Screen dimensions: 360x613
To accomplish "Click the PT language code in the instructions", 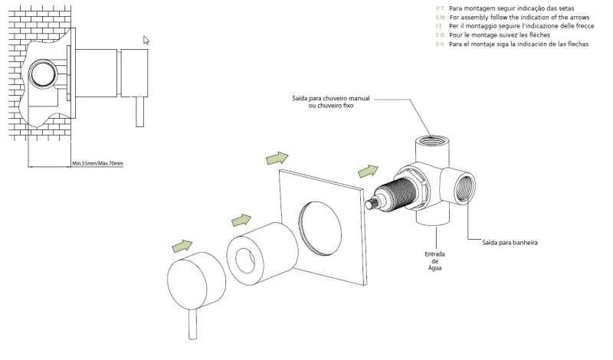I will click(x=440, y=8).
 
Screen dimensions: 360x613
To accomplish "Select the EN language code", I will click(x=440, y=17).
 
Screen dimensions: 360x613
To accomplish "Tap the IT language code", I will click(x=440, y=26).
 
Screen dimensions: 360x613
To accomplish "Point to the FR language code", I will click(x=440, y=35).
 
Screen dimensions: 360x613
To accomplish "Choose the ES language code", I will click(x=440, y=44).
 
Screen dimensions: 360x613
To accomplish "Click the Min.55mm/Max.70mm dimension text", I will click(x=97, y=163).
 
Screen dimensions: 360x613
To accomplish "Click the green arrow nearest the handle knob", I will click(x=182, y=245).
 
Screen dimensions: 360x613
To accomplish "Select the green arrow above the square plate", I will click(x=277, y=158).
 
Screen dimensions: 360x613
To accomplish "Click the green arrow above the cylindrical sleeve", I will click(x=242, y=221).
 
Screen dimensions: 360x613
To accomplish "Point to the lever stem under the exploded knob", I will click(x=192, y=322).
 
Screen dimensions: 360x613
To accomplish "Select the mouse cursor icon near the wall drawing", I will click(x=146, y=40).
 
